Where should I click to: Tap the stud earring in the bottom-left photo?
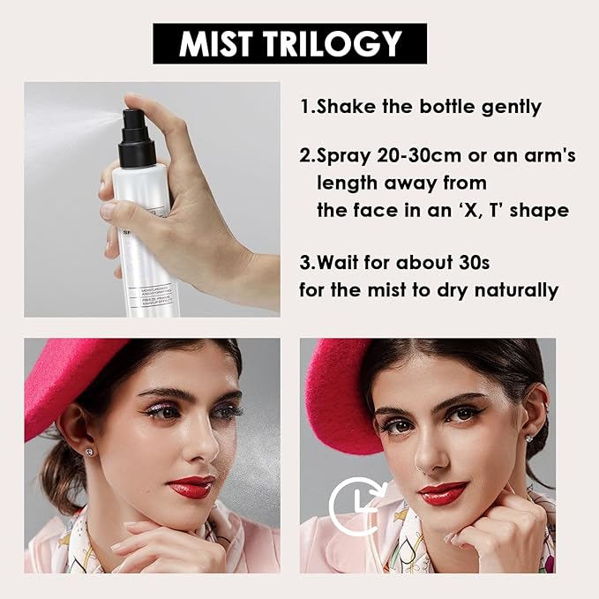(x=89, y=451)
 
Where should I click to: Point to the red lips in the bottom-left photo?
(x=191, y=486)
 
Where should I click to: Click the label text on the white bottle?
(x=154, y=296)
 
